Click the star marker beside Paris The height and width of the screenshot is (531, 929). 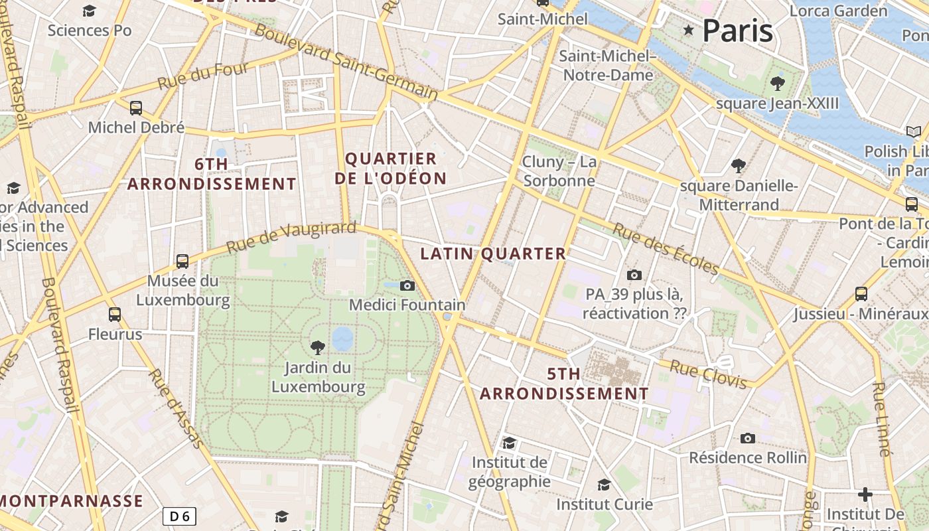(x=689, y=30)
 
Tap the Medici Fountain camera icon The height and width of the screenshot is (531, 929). (x=407, y=285)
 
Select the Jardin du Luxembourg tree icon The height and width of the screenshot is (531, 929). (x=318, y=346)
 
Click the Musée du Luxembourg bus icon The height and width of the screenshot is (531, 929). (x=182, y=261)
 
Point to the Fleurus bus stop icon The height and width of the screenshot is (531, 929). (x=115, y=314)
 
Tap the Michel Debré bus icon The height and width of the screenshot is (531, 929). (x=136, y=108)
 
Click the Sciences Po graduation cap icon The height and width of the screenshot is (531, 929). (x=89, y=11)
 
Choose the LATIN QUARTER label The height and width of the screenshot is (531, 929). (x=493, y=254)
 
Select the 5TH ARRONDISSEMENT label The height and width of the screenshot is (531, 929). (x=564, y=384)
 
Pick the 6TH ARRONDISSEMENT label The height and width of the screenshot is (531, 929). (x=212, y=175)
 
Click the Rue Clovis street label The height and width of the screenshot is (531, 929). (x=708, y=374)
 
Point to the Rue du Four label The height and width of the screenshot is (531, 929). (x=203, y=76)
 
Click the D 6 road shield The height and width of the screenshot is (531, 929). (x=180, y=516)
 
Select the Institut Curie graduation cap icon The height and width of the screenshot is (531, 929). (x=604, y=485)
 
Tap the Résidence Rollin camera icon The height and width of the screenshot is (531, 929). (x=748, y=438)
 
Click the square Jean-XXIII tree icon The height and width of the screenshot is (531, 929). (x=777, y=84)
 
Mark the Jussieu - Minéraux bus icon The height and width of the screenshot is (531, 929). (x=861, y=293)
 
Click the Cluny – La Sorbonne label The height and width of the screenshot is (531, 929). (x=559, y=171)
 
